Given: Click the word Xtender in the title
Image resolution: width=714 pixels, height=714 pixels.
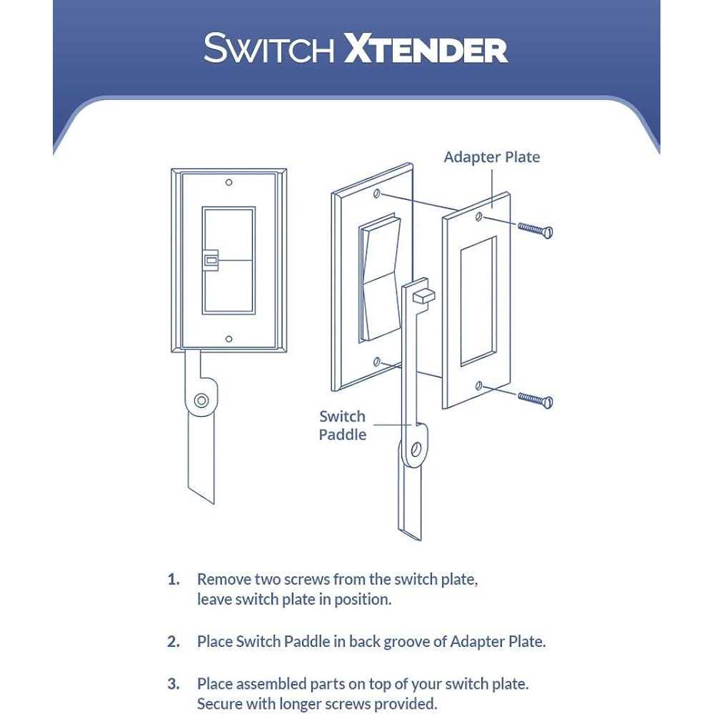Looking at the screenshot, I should point(426,49).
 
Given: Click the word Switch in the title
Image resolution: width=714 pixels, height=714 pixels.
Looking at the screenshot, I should point(269,49).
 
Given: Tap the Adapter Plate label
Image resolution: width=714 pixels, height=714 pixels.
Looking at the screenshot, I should point(492,156).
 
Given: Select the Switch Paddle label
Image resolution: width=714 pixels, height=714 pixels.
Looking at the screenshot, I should point(342,425).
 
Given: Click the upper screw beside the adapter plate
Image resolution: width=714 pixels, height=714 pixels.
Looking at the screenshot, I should point(535,229).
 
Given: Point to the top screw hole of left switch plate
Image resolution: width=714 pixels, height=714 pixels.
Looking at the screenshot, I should point(228,183).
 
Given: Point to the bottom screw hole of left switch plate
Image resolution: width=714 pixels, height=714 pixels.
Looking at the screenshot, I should point(228,339).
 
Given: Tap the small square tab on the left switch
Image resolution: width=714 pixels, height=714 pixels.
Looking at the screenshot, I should point(211,261).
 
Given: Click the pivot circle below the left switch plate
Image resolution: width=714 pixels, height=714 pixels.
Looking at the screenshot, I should point(203,401).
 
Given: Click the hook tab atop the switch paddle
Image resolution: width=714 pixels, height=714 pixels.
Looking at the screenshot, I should point(423,294).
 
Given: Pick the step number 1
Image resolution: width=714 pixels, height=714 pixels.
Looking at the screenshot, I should point(174,579).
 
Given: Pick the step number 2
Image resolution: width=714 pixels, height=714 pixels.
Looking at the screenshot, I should point(174,641).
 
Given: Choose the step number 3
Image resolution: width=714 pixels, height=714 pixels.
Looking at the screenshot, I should point(174,684).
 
